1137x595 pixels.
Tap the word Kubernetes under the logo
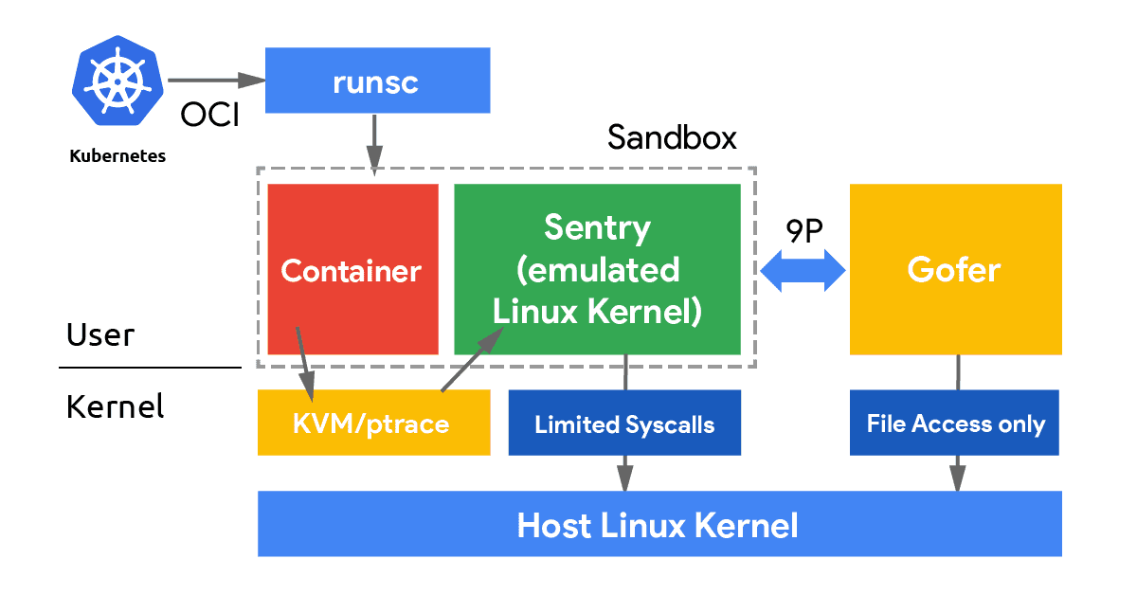pos(117,156)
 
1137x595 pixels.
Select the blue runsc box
pos(376,81)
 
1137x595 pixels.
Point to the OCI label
pos(209,116)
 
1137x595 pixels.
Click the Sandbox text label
pos(672,137)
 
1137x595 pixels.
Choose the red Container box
pos(352,270)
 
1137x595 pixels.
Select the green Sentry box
pos(597,270)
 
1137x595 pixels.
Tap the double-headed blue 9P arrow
pos(803,271)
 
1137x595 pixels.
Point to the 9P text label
pos(804,232)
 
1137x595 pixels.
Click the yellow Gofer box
pos(954,270)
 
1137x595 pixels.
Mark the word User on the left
pos(100,335)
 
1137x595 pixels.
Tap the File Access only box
pos(955,424)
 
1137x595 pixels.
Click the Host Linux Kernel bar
pos(659,524)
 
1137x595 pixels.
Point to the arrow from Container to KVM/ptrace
pos(305,364)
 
